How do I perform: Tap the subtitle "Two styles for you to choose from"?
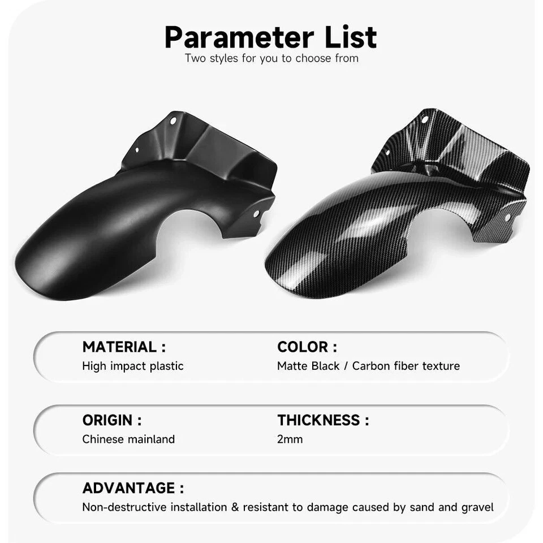click(x=271, y=58)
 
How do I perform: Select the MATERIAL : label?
click(x=124, y=347)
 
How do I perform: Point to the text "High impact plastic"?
click(x=133, y=366)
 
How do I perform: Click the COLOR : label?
click(x=307, y=347)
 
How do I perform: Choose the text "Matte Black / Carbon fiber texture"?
click(x=368, y=366)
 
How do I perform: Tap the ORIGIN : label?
click(x=112, y=420)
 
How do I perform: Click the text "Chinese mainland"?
click(x=128, y=439)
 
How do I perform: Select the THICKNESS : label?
click(x=323, y=420)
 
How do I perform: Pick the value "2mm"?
click(x=290, y=439)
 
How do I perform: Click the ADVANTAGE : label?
click(x=133, y=488)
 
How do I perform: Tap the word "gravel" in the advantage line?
click(x=477, y=507)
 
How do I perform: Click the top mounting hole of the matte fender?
click(x=174, y=120)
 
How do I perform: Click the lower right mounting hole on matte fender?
click(x=256, y=214)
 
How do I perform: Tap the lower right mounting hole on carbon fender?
click(x=507, y=217)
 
